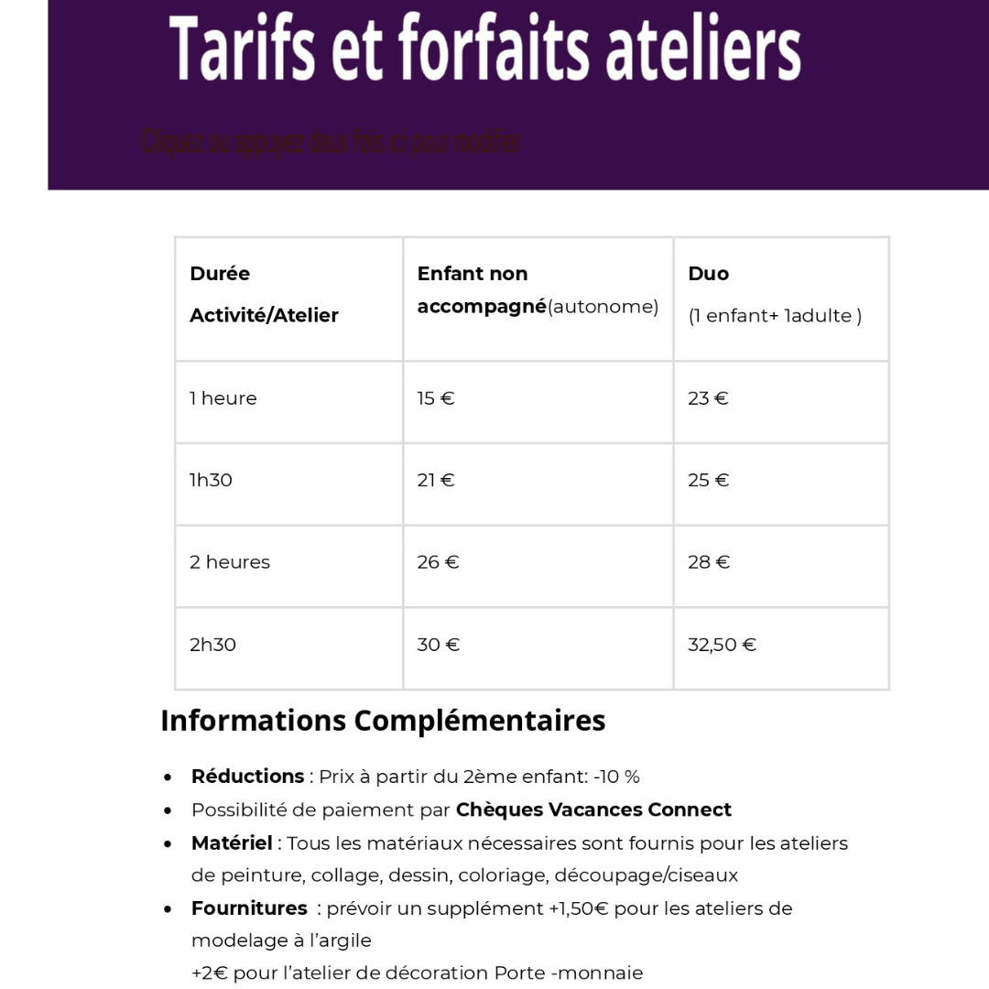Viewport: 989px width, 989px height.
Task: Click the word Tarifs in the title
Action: pyautogui.click(x=235, y=48)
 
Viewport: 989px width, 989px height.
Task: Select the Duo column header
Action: pyautogui.click(x=708, y=274)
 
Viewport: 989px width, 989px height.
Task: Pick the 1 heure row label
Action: pyautogui.click(x=223, y=398)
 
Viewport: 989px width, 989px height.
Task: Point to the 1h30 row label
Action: pyautogui.click(x=211, y=480)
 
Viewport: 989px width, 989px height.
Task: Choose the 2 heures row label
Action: pyautogui.click(x=230, y=562)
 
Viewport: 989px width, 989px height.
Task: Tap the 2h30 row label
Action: pyautogui.click(x=212, y=645)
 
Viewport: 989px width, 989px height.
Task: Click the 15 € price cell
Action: pyautogui.click(x=436, y=398)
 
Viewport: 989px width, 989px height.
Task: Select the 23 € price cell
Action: pyautogui.click(x=708, y=398)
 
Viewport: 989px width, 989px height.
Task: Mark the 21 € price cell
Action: pyautogui.click(x=436, y=480)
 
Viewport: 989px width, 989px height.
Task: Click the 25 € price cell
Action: pyautogui.click(x=708, y=480)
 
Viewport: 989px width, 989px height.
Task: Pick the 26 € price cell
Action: pyautogui.click(x=438, y=562)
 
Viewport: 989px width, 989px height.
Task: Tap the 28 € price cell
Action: pyautogui.click(x=709, y=562)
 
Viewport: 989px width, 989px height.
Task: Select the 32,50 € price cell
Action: pyautogui.click(x=722, y=645)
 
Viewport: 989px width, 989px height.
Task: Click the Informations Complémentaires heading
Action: pyautogui.click(x=383, y=721)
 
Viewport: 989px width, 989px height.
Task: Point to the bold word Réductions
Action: pyautogui.click(x=247, y=777)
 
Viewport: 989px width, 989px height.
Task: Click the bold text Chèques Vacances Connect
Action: pyautogui.click(x=593, y=810)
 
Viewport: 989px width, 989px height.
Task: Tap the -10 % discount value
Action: pyautogui.click(x=616, y=777)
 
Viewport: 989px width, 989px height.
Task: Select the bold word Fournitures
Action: pyautogui.click(x=249, y=908)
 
